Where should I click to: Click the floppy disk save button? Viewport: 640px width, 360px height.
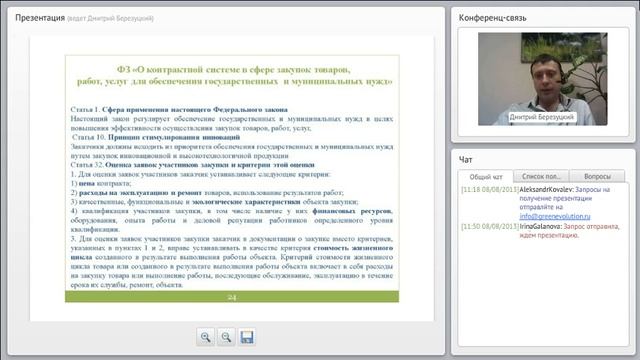[247, 337]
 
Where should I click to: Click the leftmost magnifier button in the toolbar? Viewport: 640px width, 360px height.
[205, 337]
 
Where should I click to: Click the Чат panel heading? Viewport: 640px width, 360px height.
[466, 158]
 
